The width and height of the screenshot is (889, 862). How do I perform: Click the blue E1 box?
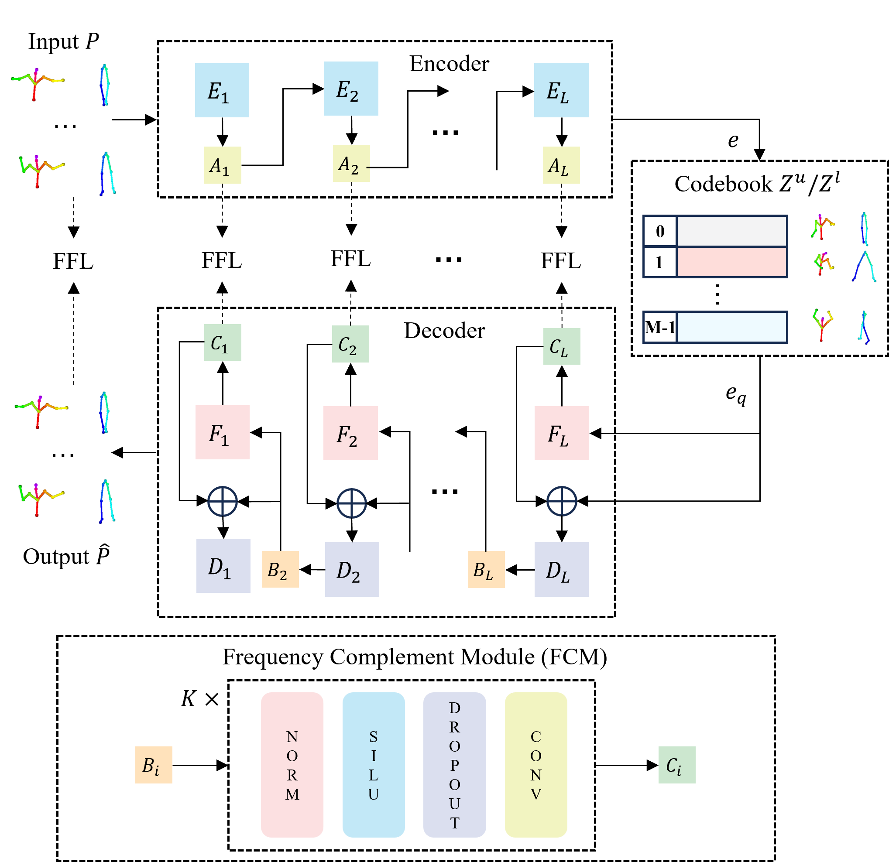(222, 90)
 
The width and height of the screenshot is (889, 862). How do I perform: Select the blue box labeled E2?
(351, 89)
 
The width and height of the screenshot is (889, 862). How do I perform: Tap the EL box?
(561, 90)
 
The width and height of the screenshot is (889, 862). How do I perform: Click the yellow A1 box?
(222, 165)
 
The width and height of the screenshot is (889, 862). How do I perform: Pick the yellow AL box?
(561, 165)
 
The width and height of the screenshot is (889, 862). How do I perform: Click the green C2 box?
(350, 344)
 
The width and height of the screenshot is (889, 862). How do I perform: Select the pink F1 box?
(222, 432)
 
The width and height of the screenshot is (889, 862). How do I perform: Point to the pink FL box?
(562, 433)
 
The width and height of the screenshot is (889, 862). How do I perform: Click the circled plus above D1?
(222, 502)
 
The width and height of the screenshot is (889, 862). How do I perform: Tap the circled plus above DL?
(562, 502)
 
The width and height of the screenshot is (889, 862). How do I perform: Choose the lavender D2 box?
(352, 569)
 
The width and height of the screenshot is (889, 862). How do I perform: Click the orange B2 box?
(280, 569)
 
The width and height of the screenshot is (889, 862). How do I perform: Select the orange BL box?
(486, 569)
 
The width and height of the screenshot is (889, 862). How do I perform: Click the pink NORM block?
(292, 765)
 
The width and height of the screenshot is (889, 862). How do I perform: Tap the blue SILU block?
(373, 765)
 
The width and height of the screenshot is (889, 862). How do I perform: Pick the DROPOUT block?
(454, 765)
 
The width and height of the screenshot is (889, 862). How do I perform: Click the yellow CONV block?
(535, 765)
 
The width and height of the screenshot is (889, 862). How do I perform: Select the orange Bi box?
(153, 765)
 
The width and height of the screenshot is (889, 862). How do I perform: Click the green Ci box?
(677, 765)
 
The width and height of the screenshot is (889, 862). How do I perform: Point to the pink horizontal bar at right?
(731, 262)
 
